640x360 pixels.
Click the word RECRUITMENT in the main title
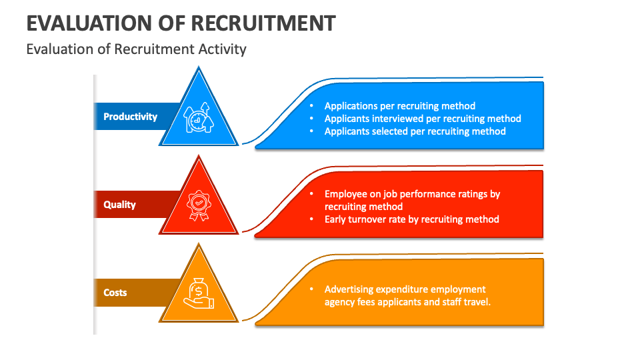pos(263,23)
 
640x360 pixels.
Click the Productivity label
pos(130,117)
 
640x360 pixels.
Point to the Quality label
pos(119,205)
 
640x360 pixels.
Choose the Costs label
pos(115,293)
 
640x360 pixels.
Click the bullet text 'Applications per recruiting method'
pos(399,106)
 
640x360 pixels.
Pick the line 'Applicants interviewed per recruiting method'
pos(423,119)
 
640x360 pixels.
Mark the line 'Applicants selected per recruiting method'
pos(415,131)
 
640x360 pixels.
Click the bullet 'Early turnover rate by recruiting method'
pos(411,219)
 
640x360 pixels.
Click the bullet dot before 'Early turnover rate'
pos(311,219)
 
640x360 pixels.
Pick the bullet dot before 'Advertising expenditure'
pos(311,289)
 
